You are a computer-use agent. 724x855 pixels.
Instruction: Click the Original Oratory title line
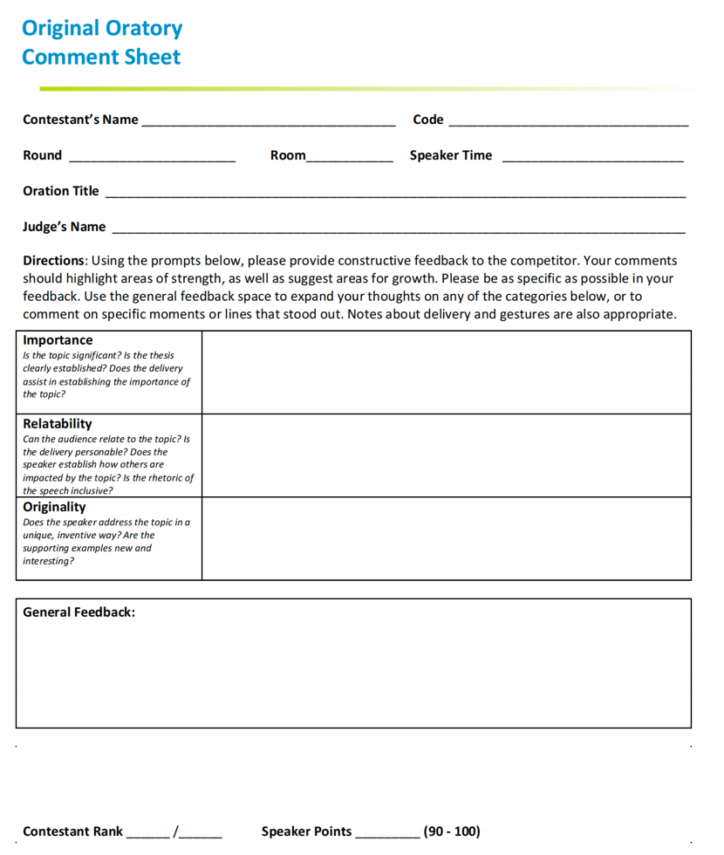coord(102,28)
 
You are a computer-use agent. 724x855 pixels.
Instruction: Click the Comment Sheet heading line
coord(101,58)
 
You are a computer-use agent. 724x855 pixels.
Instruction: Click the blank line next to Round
coord(152,160)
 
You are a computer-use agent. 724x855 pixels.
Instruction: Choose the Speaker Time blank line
coord(593,160)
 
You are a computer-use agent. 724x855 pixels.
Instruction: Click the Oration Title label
coord(61,191)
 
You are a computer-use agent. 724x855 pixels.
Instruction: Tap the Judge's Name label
coord(65,227)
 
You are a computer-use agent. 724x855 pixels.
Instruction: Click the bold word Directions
coord(54,261)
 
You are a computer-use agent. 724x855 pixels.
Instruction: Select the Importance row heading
coord(58,340)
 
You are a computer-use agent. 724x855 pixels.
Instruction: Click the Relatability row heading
coord(58,424)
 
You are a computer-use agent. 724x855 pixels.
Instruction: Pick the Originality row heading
coord(54,507)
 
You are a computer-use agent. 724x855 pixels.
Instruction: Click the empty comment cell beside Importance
coord(446,373)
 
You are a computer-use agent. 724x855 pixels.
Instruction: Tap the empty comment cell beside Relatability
coord(446,455)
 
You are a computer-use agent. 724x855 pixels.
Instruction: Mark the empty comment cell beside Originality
coord(446,538)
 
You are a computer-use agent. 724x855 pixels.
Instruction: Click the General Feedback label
coord(79,612)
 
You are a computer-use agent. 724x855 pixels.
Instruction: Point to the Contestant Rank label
coord(73,831)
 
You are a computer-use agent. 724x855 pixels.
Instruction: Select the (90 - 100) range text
coord(452,831)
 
